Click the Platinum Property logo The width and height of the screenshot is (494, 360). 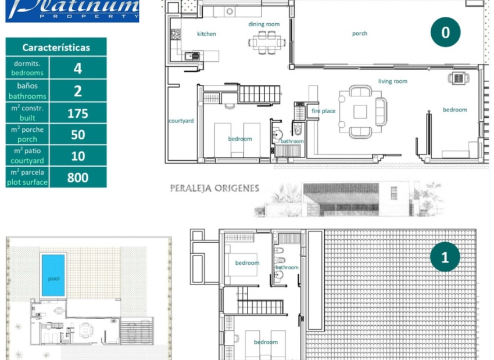[72, 10]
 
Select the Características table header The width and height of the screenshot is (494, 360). [56, 47]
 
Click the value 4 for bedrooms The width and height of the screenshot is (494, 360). [78, 69]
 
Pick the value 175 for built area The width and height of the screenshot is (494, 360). [78, 113]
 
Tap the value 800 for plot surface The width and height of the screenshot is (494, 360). [78, 178]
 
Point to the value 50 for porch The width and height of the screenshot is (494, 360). [78, 135]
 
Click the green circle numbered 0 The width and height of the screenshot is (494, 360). [445, 32]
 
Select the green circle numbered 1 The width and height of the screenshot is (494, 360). [445, 257]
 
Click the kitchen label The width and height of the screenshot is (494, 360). [206, 34]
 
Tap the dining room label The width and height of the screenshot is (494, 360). [264, 24]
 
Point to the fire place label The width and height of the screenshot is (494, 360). [323, 111]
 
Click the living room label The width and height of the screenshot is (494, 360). [393, 81]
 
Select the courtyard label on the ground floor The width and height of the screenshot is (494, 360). [181, 121]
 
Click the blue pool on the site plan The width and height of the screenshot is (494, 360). [53, 275]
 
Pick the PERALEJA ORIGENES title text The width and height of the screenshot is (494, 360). [214, 189]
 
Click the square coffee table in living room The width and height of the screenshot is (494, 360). [360, 111]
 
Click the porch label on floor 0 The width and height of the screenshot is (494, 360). [360, 34]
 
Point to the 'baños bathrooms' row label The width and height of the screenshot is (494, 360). [27, 91]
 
